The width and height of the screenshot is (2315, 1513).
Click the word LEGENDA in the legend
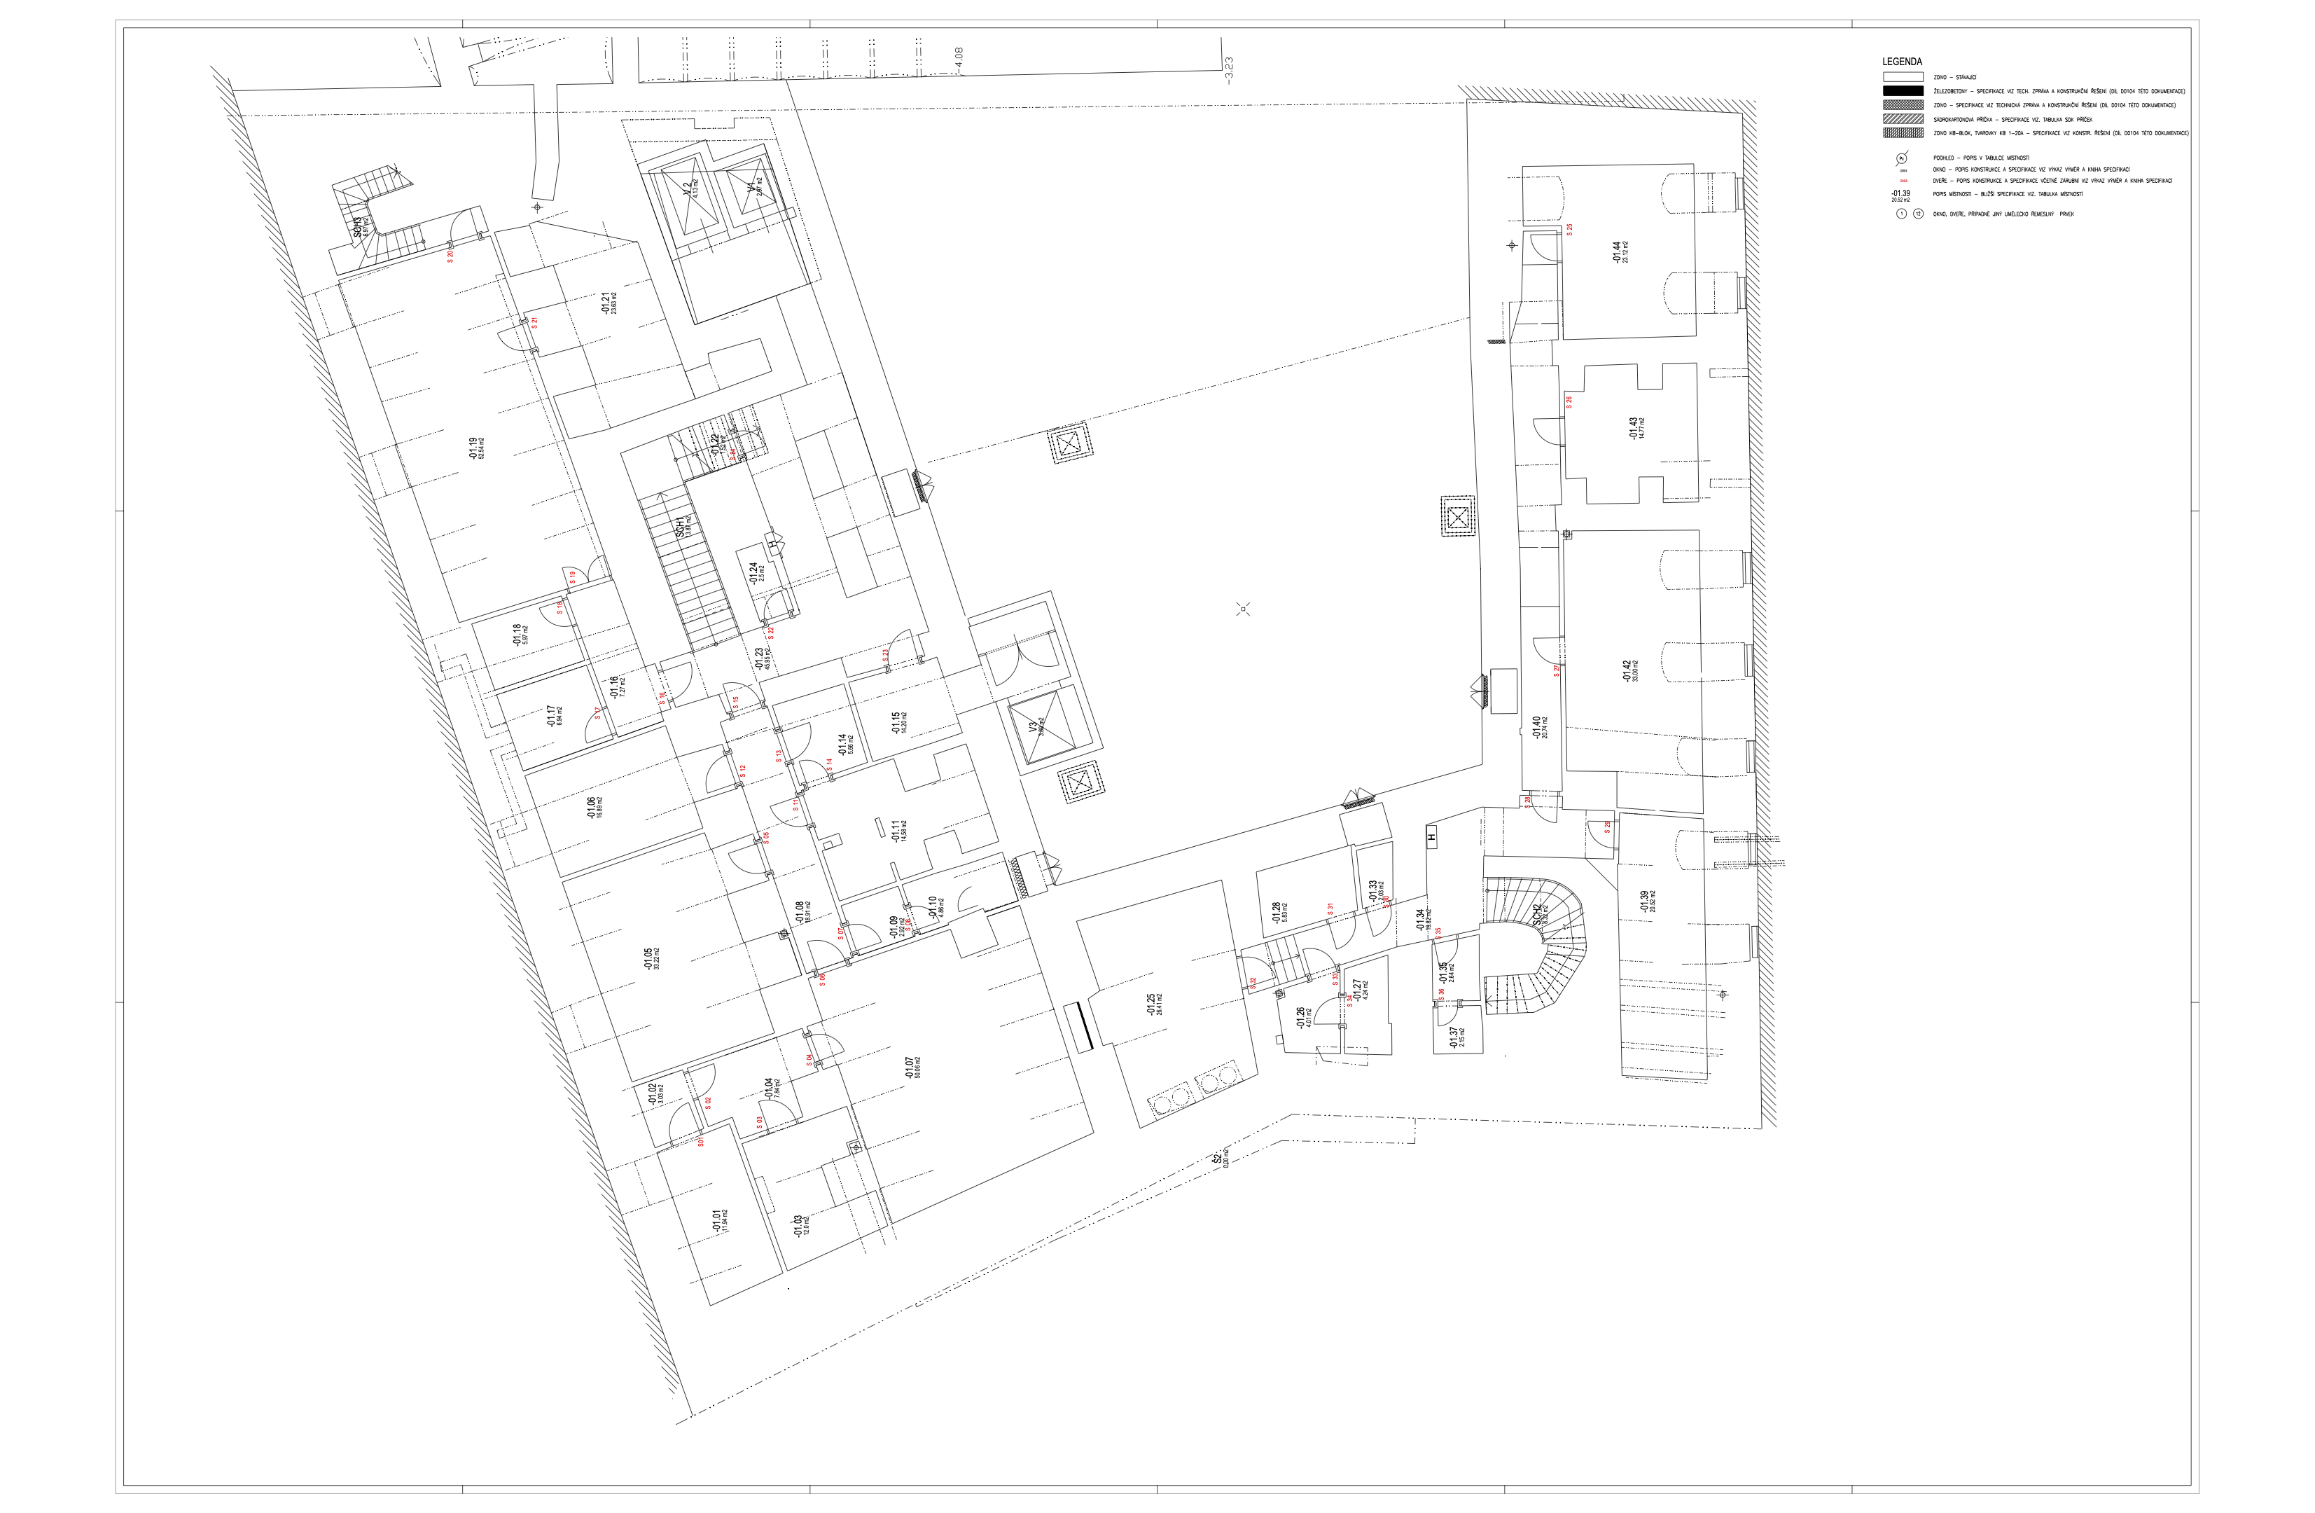coord(1902,62)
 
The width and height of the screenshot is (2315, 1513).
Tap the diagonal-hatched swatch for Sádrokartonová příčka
coord(1903,118)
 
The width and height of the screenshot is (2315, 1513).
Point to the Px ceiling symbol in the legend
coord(1902,158)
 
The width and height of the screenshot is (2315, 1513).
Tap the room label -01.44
coord(1618,252)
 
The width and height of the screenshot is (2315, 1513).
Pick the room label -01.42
coord(1627,670)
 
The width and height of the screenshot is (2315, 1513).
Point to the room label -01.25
coord(1152,1003)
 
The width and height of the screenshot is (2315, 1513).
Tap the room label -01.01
coord(718,1220)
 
